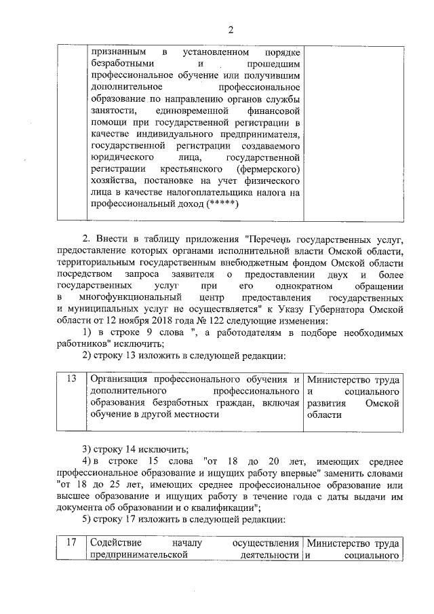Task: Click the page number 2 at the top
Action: click(x=230, y=29)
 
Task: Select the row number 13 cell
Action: click(x=71, y=378)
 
